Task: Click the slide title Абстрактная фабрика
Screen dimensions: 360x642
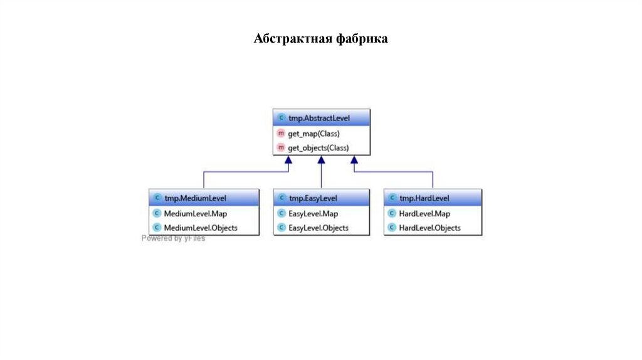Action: coord(321,40)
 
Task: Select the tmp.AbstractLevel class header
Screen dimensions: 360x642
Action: coord(321,117)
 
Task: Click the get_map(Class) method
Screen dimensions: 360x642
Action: coord(313,134)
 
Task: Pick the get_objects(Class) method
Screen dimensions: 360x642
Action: coord(318,148)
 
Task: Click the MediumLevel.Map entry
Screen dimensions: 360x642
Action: coord(195,213)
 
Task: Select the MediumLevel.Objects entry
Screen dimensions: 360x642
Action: coord(201,228)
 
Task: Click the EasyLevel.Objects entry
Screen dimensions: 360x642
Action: coord(318,228)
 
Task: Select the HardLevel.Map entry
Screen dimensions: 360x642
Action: coord(424,213)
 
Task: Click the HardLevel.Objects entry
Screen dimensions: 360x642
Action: coord(429,228)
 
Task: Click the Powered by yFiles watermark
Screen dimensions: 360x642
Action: coord(173,238)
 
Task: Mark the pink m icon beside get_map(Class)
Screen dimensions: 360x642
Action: coord(280,134)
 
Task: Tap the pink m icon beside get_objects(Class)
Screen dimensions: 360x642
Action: coord(280,148)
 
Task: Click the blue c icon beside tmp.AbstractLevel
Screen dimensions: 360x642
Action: coord(280,117)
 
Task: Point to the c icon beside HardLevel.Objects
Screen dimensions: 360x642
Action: coord(391,228)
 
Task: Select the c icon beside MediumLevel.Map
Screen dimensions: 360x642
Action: coord(156,213)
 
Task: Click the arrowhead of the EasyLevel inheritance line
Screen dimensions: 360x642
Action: coord(321,161)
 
